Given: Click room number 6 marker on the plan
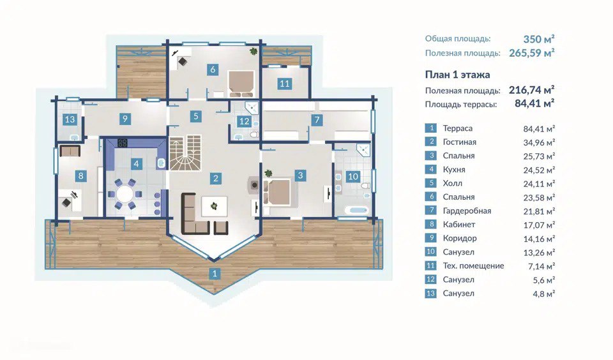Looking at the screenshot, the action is [213, 70].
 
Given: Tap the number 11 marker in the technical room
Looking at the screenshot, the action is [284, 83].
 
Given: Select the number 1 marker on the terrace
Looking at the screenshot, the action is [215, 274].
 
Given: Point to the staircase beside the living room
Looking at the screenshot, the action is [185, 153].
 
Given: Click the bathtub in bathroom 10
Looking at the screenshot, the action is [357, 210].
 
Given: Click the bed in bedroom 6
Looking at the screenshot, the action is [241, 83].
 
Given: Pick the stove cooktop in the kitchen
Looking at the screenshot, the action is [123, 143].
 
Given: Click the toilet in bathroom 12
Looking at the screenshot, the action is [254, 135].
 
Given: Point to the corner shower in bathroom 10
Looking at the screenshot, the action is [363, 149].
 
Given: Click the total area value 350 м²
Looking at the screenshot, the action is [539, 39].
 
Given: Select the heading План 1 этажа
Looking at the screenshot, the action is [457, 75].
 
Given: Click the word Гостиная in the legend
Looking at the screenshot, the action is [459, 142].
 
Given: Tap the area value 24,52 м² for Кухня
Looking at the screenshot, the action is [539, 170].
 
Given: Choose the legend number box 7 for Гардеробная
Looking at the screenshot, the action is [430, 210].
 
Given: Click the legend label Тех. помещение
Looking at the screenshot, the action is [473, 266].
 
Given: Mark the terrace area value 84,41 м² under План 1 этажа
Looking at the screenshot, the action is [534, 104].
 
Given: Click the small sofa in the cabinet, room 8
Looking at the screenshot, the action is [70, 151].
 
